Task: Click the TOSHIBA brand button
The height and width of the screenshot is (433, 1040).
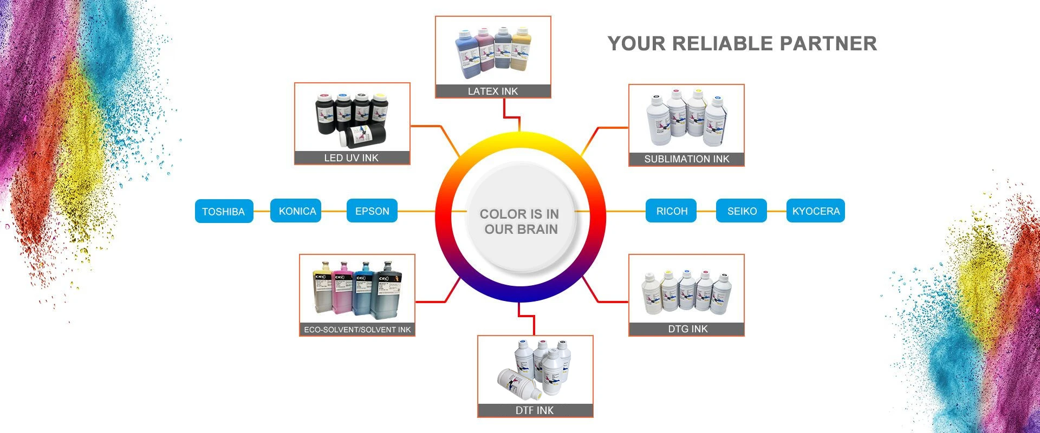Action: (x=224, y=211)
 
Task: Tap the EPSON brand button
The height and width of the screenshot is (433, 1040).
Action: (x=372, y=211)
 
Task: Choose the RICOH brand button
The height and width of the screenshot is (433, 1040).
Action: (x=672, y=211)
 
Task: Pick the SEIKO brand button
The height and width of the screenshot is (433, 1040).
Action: (x=742, y=211)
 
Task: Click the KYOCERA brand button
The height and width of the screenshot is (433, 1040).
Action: (x=815, y=211)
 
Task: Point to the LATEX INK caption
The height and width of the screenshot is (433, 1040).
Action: (x=493, y=91)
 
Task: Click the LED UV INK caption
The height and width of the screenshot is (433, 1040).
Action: (x=352, y=158)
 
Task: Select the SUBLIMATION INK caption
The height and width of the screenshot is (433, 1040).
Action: (x=686, y=159)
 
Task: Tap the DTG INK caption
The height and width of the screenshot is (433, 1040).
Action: (x=687, y=329)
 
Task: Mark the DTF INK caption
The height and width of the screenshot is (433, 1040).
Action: (x=535, y=411)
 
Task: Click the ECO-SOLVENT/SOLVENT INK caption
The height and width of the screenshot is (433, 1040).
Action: (x=357, y=330)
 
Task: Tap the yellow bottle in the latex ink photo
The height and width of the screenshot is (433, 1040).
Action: (x=522, y=49)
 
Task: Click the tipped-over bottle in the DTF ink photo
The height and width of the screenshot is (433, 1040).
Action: (x=519, y=382)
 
